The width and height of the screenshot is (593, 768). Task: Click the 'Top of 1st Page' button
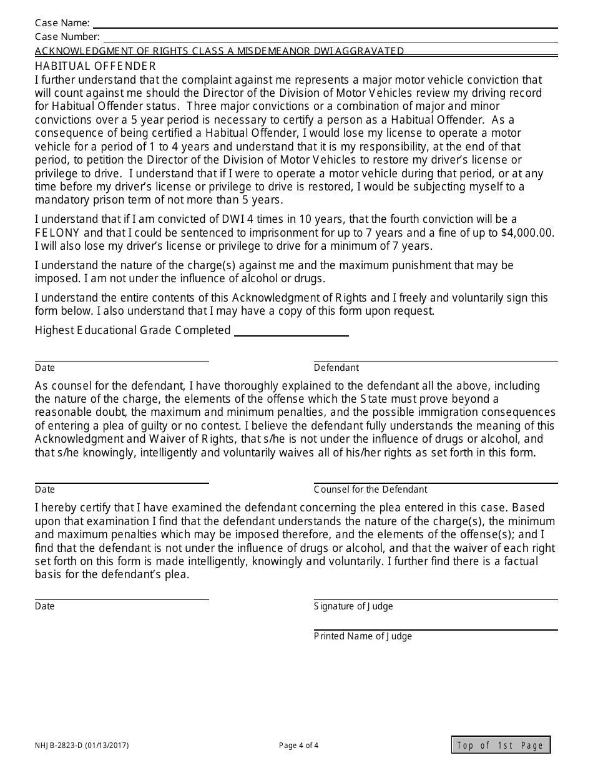501,745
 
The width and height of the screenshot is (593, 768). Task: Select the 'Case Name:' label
62,24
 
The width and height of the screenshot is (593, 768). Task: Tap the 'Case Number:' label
67,37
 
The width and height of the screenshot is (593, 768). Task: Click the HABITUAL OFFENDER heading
96,66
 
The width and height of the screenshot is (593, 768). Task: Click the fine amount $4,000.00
527,233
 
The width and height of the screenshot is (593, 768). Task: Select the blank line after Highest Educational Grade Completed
291,335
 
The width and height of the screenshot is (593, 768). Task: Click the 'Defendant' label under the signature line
336,368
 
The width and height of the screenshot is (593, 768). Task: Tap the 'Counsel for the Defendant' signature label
371,490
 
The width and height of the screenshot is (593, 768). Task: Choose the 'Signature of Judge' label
353,606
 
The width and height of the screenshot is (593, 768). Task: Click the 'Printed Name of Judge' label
363,636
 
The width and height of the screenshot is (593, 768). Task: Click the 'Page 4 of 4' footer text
298,745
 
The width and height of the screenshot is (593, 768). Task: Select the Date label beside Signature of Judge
45,606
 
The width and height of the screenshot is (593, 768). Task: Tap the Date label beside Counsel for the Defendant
45,490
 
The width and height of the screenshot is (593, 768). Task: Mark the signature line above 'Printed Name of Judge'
436,629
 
